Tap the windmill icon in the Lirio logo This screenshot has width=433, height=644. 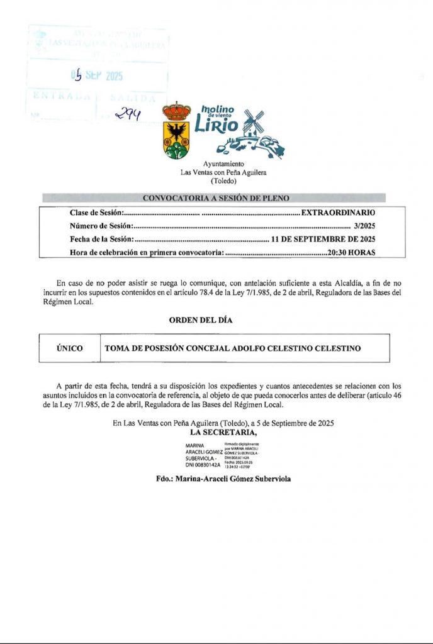(x=254, y=122)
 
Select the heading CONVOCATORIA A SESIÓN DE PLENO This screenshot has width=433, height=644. (x=216, y=198)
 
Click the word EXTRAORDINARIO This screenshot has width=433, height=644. (x=338, y=213)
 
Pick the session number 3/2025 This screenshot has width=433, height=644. (x=364, y=226)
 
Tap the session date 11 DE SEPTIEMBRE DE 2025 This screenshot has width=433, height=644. (x=323, y=239)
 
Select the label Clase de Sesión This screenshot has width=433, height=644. (x=96, y=213)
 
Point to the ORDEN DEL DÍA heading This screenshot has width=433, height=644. (x=201, y=320)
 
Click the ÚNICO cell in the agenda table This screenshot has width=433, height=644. (x=69, y=348)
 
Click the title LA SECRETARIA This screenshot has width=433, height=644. (x=223, y=433)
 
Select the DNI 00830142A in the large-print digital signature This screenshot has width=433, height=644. (x=203, y=465)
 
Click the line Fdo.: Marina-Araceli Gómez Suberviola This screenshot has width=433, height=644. (x=223, y=479)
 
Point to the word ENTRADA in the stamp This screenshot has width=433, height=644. (x=60, y=97)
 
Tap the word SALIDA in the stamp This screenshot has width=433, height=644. (x=132, y=98)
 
